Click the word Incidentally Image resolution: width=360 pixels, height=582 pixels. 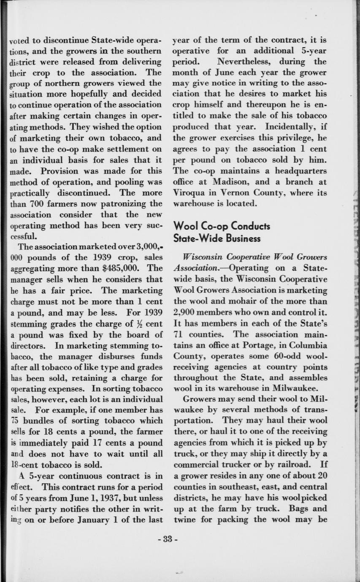point(292,127)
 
